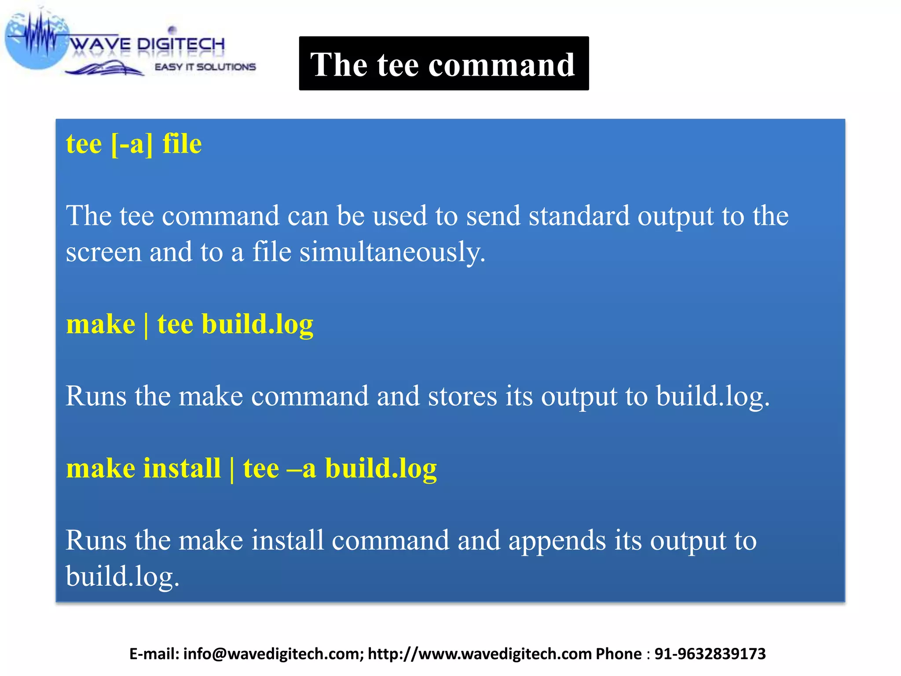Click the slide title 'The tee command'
click(x=443, y=64)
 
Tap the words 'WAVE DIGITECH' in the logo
click(x=147, y=44)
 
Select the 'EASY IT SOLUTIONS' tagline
click(x=205, y=67)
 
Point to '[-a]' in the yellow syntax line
click(x=132, y=144)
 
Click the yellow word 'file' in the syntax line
click(x=182, y=144)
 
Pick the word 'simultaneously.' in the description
click(x=392, y=253)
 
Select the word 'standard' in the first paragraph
click(x=579, y=216)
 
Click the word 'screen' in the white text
click(x=104, y=253)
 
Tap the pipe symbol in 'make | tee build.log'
click(x=146, y=325)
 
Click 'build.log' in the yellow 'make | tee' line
click(x=257, y=325)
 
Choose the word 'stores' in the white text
click(x=462, y=396)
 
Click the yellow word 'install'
click(x=182, y=468)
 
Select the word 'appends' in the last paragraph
click(x=557, y=540)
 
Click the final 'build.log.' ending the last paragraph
click(x=123, y=577)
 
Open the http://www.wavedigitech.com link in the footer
click(x=480, y=654)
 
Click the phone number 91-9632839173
click(x=710, y=654)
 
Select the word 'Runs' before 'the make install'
click(x=96, y=540)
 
